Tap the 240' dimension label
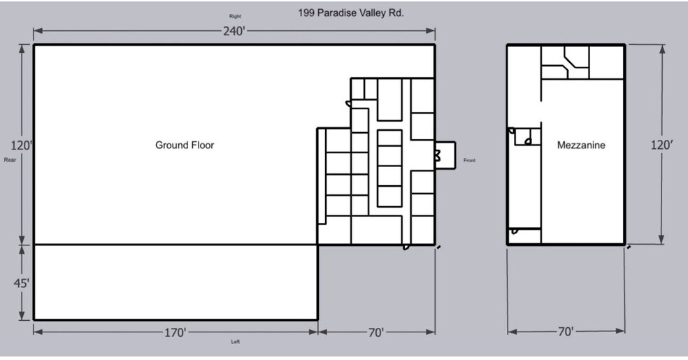(234, 31)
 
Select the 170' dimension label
(175, 333)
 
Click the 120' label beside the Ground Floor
(21, 145)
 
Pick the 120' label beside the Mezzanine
(662, 145)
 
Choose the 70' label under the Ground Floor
(376, 333)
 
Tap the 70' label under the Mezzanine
(565, 332)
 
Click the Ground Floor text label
(185, 145)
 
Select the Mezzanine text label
(581, 145)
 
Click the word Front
(470, 161)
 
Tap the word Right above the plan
(235, 16)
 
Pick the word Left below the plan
(236, 342)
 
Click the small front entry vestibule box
(445, 153)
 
